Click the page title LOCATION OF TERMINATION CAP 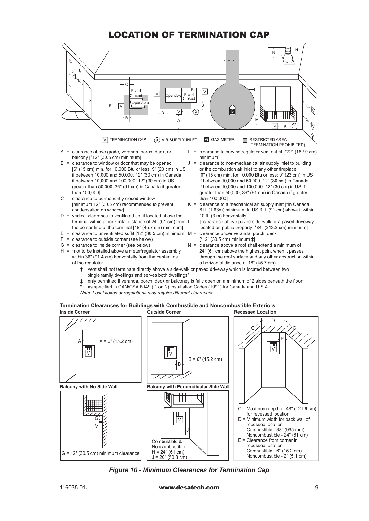[189, 35]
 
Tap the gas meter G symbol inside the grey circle [232, 111]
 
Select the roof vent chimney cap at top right [288, 56]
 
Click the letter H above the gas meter [229, 61]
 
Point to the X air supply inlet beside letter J [196, 112]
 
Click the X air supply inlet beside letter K [294, 126]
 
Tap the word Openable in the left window [140, 103]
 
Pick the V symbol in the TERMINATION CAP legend [105, 140]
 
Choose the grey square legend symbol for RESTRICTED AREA [245, 140]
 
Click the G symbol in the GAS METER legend [206, 140]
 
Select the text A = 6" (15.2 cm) [116, 341]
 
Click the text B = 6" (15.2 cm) [205, 359]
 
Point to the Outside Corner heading [164, 312]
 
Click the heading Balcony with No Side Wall [89, 387]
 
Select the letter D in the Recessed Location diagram [273, 321]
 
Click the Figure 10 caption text [189, 470]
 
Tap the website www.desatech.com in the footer [189, 488]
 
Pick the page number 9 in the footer [316, 488]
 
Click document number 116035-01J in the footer [74, 488]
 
